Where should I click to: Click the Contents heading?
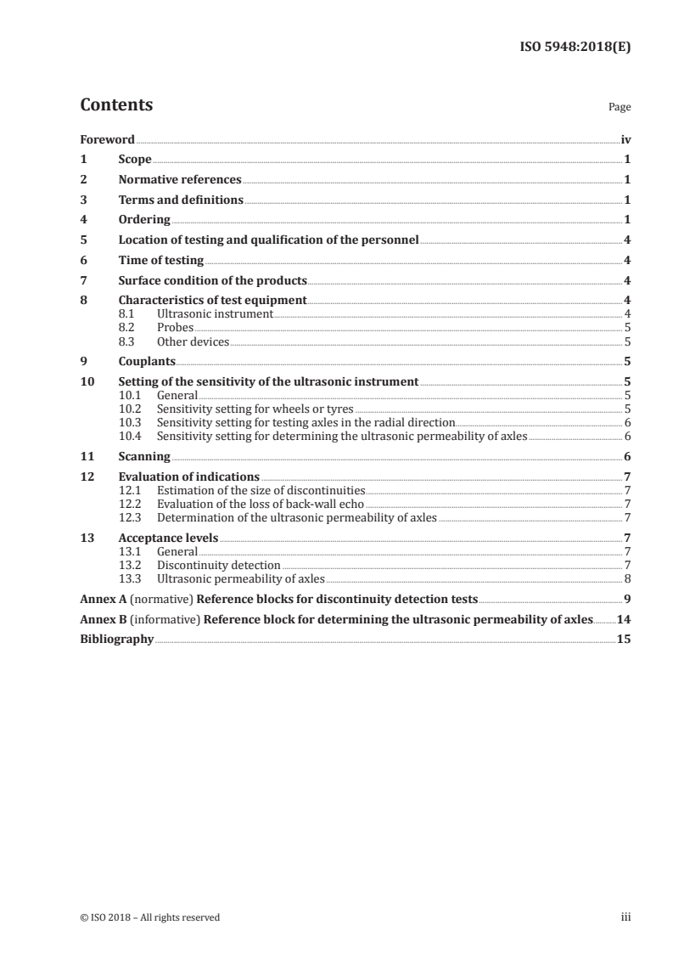[x=116, y=105]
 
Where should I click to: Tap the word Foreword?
[x=107, y=139]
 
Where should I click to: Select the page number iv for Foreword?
[x=625, y=139]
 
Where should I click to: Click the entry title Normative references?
[x=180, y=179]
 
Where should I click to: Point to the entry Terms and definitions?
[x=181, y=200]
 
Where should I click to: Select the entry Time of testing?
[x=160, y=260]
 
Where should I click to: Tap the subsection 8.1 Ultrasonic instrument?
[x=215, y=313]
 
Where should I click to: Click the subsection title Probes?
[x=175, y=327]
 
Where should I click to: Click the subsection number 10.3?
[x=130, y=421]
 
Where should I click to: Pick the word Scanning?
[x=144, y=455]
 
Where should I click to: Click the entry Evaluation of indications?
[x=188, y=476]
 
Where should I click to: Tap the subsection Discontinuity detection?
[x=218, y=564]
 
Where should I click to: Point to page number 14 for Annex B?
[x=624, y=618]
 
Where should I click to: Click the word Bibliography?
[x=116, y=639]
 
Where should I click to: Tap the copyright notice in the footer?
[x=149, y=917]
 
